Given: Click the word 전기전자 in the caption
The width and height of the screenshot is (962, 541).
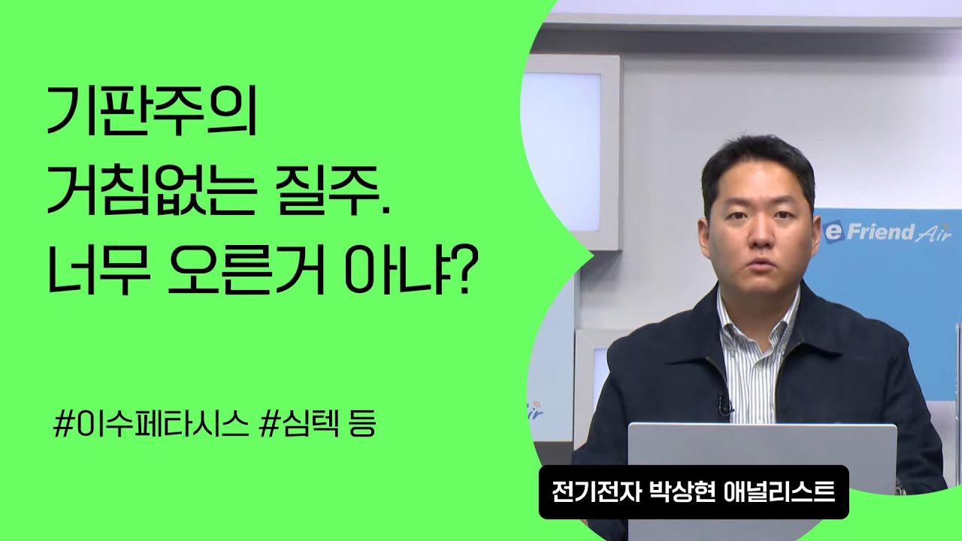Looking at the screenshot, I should [x=589, y=492].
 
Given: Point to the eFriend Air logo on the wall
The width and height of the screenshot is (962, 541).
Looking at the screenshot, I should [x=887, y=233].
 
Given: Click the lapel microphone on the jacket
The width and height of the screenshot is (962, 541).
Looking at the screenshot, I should [x=723, y=407].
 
